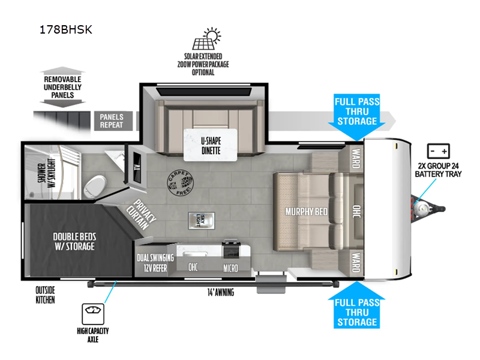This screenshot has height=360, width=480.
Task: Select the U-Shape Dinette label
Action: tap(211, 146)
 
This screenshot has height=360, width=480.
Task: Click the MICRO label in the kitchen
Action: tap(231, 267)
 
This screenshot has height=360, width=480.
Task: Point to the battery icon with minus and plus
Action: tap(437, 151)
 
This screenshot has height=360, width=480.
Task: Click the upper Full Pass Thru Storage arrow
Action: tap(356, 112)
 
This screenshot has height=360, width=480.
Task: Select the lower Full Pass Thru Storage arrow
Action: tap(356, 310)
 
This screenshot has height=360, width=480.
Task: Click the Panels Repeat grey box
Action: tap(112, 121)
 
